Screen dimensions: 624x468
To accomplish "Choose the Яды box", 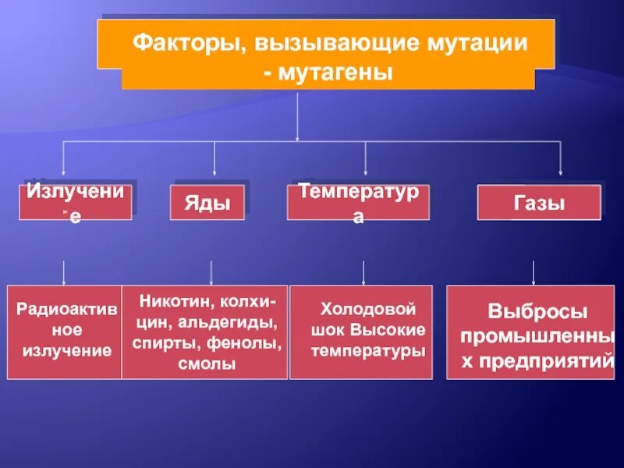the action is pyautogui.click(x=207, y=203).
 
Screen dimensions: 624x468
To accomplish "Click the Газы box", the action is pyautogui.click(x=539, y=203).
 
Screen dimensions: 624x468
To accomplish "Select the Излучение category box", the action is pyautogui.click(x=75, y=202).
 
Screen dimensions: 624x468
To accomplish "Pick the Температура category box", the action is pyautogui.click(x=358, y=202).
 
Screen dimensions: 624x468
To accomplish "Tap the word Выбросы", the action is pyautogui.click(x=538, y=311).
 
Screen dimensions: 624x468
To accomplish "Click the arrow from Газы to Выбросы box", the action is pyautogui.click(x=534, y=271).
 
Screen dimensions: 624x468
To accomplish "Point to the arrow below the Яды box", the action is pyautogui.click(x=211, y=271).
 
